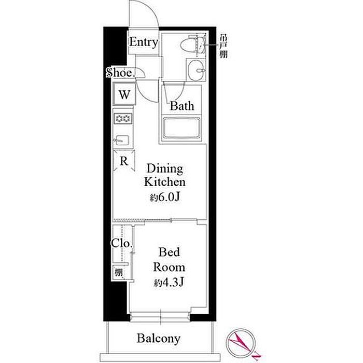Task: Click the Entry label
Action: [144, 43]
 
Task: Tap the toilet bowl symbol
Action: [192, 45]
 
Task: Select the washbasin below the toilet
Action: [196, 69]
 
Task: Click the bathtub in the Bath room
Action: [181, 128]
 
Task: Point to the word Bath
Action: [182, 106]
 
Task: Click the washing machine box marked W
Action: [124, 94]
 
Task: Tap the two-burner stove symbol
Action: [123, 119]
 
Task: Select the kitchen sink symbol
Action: [122, 140]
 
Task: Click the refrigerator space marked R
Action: [124, 161]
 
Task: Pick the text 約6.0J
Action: [165, 197]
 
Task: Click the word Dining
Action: [165, 169]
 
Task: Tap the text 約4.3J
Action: [169, 282]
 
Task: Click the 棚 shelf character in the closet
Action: [119, 272]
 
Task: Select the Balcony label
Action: [159, 339]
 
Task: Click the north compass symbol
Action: [242, 344]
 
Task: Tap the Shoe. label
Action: [120, 73]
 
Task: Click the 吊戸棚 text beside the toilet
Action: [224, 46]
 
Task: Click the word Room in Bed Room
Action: [169, 268]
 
